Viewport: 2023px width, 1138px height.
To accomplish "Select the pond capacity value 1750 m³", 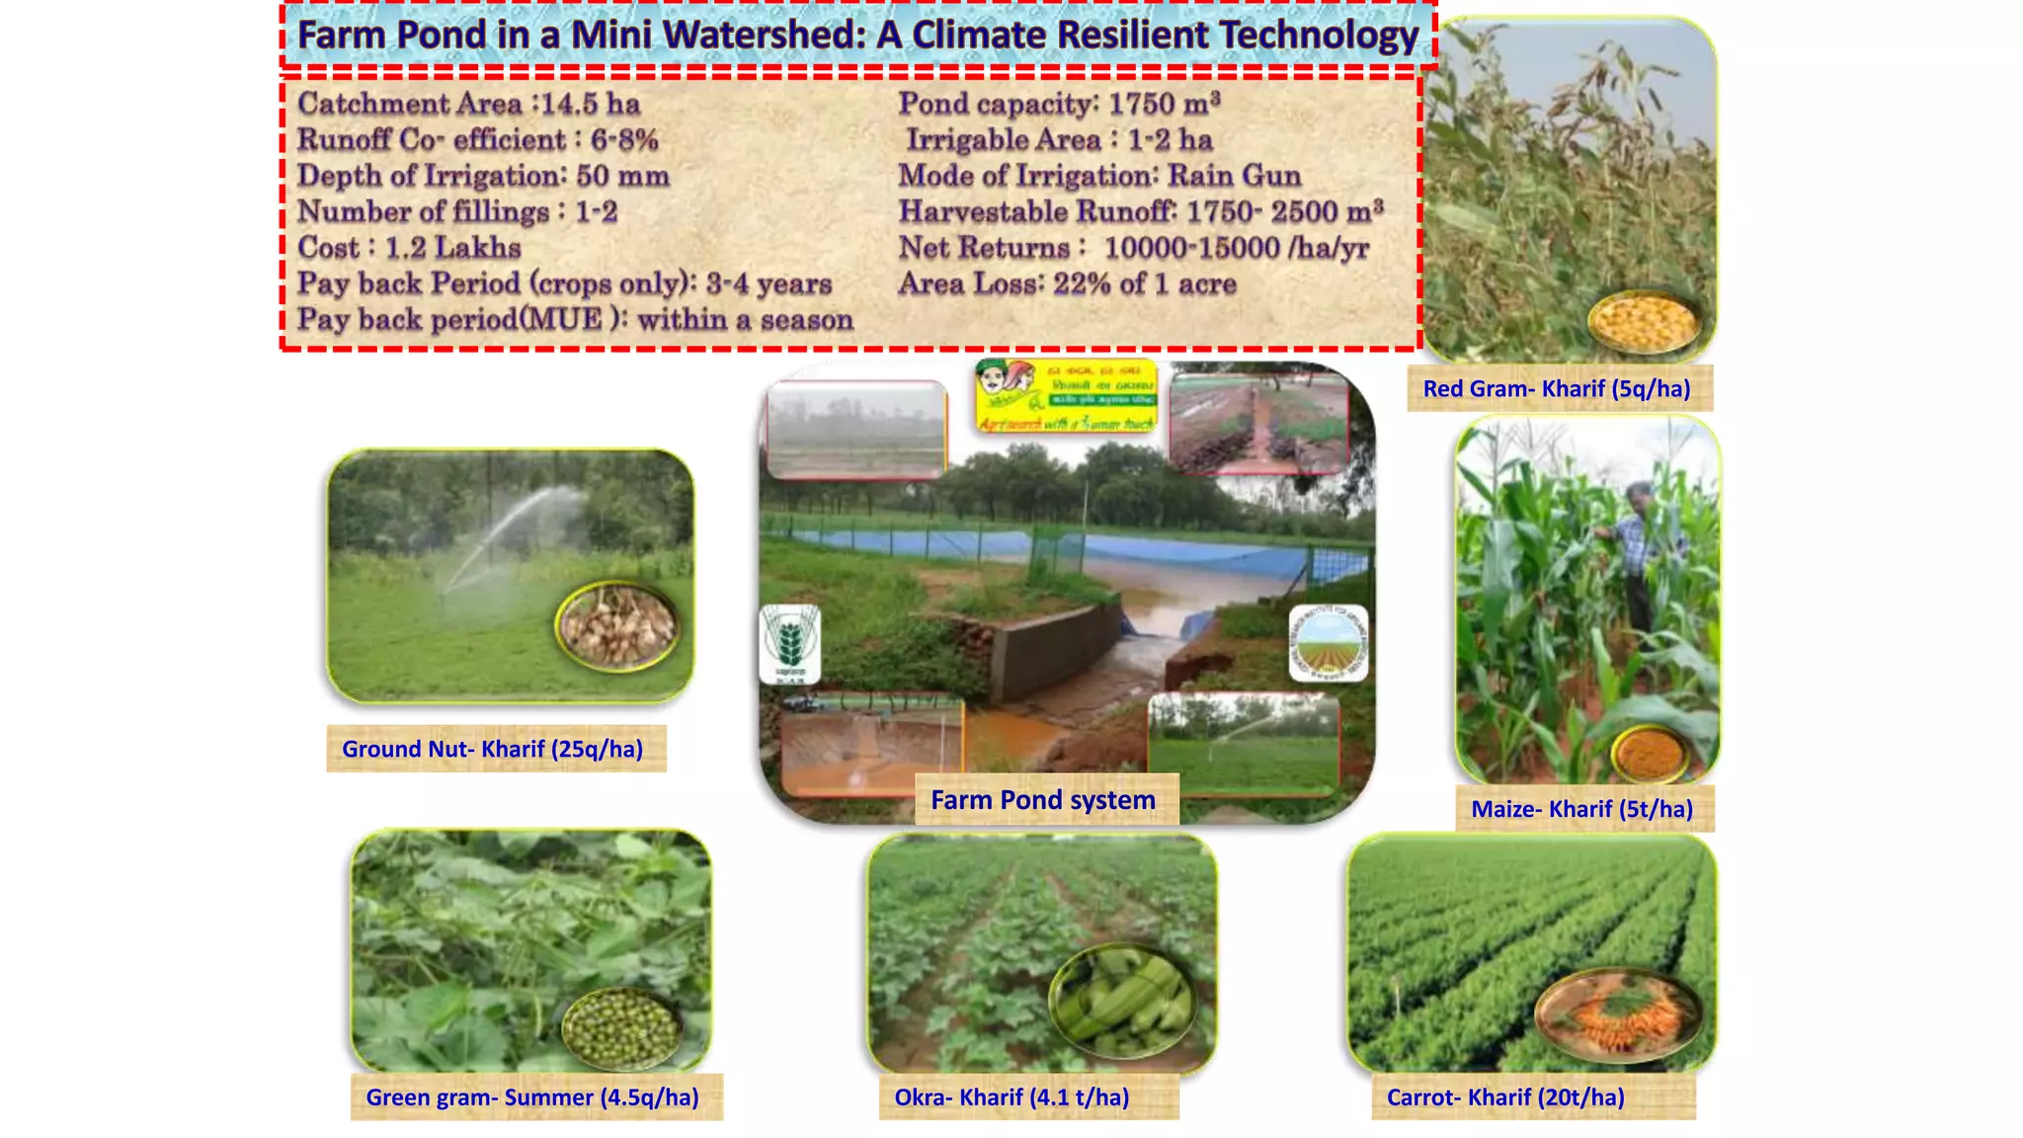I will [1164, 104].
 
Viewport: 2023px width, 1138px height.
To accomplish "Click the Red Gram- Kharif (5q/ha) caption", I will [1557, 389].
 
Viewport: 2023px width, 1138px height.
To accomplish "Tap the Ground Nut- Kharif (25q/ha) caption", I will [492, 749].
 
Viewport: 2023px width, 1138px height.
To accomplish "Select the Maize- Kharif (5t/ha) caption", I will [1581, 809].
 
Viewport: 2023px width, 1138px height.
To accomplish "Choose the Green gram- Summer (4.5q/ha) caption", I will [532, 1097].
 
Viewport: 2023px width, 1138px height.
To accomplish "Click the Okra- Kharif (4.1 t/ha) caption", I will [1011, 1097].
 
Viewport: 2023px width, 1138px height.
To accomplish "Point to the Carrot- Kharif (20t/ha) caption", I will [1505, 1097].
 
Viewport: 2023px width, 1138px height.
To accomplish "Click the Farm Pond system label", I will [1043, 800].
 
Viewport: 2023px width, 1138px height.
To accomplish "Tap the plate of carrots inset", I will [1616, 1015].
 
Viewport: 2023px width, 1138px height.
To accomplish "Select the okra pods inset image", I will [1122, 1000].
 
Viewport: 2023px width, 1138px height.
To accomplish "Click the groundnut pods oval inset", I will [617, 627].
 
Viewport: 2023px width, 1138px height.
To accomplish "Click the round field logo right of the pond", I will [1329, 643].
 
